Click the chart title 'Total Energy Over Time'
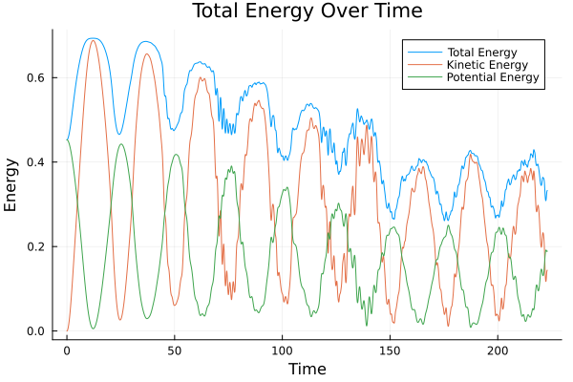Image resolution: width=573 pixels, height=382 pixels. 307,11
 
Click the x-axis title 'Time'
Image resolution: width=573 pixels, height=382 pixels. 307,369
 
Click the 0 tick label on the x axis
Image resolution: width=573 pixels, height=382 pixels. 67,350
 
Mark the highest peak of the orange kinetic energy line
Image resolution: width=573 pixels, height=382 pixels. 93,40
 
